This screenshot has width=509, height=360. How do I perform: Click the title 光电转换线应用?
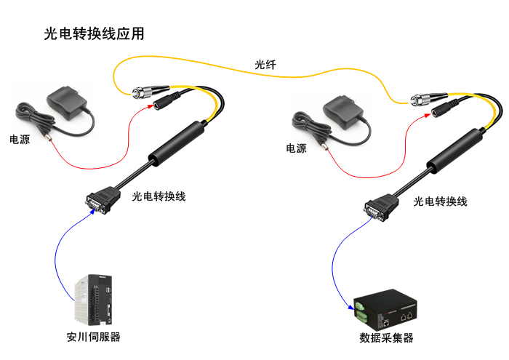[95, 33]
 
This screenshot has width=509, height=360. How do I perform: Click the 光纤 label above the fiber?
[265, 65]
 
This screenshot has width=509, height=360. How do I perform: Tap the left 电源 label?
[20, 139]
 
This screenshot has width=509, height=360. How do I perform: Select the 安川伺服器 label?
[94, 337]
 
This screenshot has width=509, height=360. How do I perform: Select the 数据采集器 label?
[386, 338]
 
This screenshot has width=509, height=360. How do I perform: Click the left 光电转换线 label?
[159, 196]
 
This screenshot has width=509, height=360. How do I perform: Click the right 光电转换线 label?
[440, 201]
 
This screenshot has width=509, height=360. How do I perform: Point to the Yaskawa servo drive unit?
[94, 297]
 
